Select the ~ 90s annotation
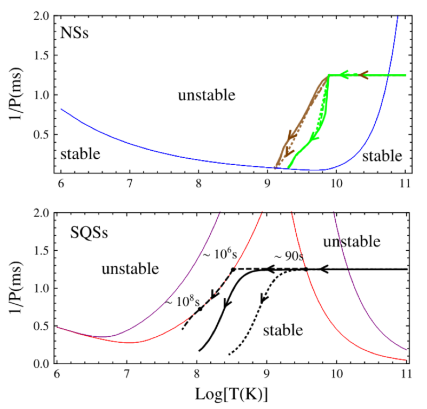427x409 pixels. pyautogui.click(x=289, y=256)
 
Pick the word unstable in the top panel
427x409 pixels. pyautogui.click(x=207, y=96)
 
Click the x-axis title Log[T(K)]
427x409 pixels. pyautogui.click(x=232, y=396)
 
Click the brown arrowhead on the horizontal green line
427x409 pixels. pyautogui.click(x=363, y=75)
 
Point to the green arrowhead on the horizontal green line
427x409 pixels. pyautogui.click(x=345, y=75)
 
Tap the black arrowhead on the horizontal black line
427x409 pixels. pyautogui.click(x=324, y=270)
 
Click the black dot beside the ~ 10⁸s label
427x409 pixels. pyautogui.click(x=200, y=309)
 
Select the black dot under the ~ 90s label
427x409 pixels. pyautogui.click(x=306, y=269)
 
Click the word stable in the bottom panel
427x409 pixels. pyautogui.click(x=283, y=330)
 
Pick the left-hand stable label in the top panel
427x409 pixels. pyautogui.click(x=80, y=154)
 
